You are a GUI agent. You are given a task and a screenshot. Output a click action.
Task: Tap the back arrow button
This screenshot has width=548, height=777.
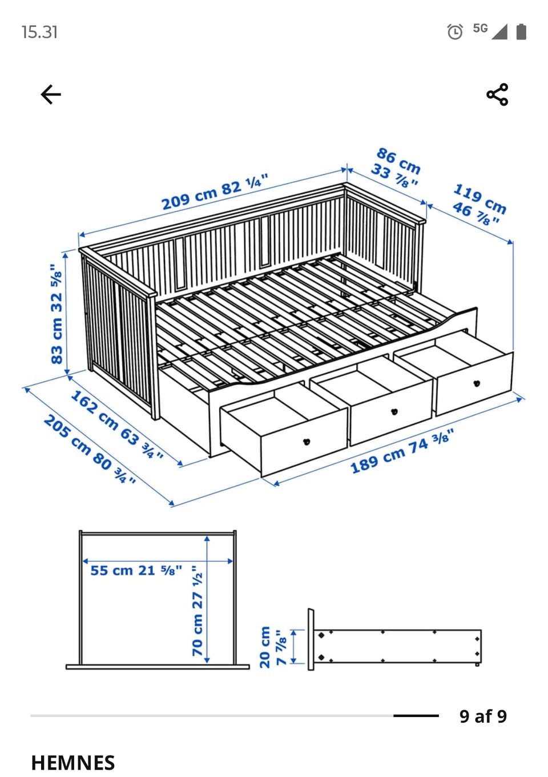(x=51, y=94)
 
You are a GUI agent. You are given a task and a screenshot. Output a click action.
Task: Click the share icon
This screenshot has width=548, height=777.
(x=497, y=94)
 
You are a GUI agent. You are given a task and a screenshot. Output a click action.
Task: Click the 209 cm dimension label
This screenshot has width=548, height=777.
(x=215, y=191)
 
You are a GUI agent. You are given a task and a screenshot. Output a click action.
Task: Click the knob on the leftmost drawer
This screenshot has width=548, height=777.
(x=307, y=442)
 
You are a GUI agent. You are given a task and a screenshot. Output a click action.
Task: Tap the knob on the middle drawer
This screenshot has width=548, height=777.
(x=394, y=412)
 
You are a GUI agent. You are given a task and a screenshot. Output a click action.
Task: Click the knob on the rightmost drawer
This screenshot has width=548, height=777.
(x=477, y=383)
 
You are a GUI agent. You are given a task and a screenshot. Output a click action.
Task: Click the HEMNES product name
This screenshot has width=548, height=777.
(x=73, y=763)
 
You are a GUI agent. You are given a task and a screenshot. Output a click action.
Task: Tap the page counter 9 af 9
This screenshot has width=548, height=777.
(x=483, y=716)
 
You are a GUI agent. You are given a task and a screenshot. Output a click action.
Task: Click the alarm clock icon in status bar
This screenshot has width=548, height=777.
(x=455, y=31)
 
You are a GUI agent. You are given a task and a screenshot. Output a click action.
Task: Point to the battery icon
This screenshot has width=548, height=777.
(x=521, y=31)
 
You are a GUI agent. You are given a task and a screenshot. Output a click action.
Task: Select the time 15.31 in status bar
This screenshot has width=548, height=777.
(x=39, y=32)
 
